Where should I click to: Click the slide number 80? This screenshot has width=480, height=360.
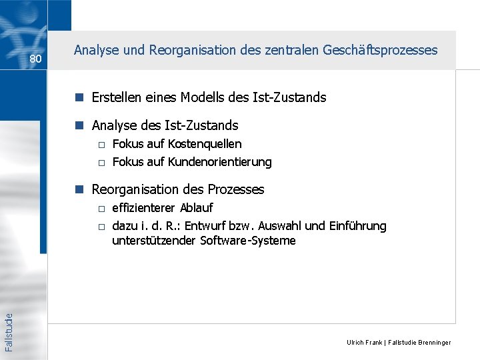click(x=36, y=59)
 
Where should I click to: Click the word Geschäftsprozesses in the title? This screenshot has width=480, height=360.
click(x=381, y=50)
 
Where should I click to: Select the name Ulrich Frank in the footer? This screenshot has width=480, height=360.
click(x=364, y=343)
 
